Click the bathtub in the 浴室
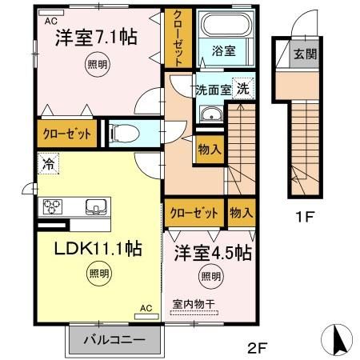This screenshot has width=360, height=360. (x=226, y=24)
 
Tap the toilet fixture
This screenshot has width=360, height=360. (x=125, y=133)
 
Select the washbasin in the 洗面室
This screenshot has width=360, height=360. (x=212, y=114)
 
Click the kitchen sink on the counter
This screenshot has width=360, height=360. (x=96, y=207)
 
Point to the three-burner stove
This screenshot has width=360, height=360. (x=52, y=206)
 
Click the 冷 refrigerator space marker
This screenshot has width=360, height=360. (x=48, y=163)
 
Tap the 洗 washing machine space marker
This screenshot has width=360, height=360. (x=243, y=88)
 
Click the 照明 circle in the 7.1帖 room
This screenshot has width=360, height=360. (x=98, y=65)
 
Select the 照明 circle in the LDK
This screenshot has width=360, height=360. (x=99, y=274)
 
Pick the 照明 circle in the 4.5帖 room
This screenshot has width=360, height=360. (x=210, y=276)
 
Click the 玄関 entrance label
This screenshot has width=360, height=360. (x=305, y=54)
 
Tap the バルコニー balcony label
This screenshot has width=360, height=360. (x=114, y=340)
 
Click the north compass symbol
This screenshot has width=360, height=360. (x=337, y=340)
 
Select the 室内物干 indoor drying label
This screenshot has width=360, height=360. (x=194, y=304)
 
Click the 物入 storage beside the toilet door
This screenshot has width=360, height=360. (x=210, y=150)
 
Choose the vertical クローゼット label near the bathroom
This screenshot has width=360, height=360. (x=178, y=38)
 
